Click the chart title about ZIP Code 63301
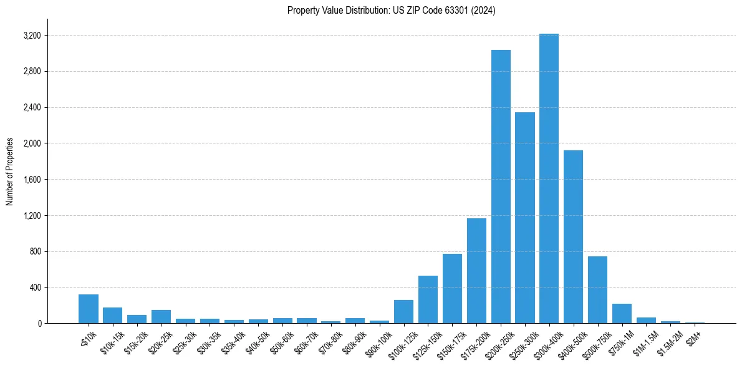pos(391,11)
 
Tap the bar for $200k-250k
pos(501,187)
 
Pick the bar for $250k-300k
pos(525,218)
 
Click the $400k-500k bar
pos(573,237)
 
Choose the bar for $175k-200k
pos(476,271)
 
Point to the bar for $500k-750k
pos(597,290)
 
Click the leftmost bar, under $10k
pos(89,309)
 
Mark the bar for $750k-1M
pos(622,314)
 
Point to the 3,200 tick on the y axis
pos(31,36)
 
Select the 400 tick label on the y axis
pos(35,288)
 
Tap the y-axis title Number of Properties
pos(10,172)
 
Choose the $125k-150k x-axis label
pos(423,342)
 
